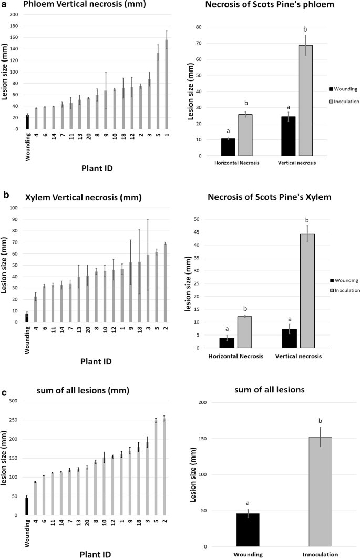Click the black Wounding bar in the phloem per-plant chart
point(27,122)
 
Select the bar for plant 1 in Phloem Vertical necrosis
point(167,84)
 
